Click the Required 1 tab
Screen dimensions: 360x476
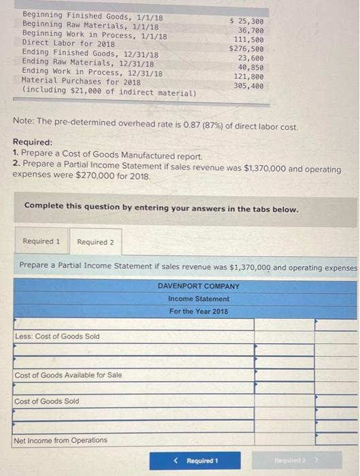(41, 241)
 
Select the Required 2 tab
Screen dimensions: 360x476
(95, 242)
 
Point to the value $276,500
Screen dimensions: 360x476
(246, 49)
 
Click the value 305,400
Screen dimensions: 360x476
(249, 86)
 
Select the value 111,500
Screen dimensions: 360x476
(249, 40)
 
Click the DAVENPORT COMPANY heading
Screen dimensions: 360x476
(199, 286)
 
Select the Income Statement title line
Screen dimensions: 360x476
(199, 299)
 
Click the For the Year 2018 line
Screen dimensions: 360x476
(199, 311)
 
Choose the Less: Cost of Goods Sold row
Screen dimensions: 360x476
(57, 337)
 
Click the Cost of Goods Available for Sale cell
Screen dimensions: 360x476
(68, 375)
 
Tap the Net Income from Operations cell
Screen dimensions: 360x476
(61, 440)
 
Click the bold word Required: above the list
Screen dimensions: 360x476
(32, 143)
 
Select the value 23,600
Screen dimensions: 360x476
(251, 58)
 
